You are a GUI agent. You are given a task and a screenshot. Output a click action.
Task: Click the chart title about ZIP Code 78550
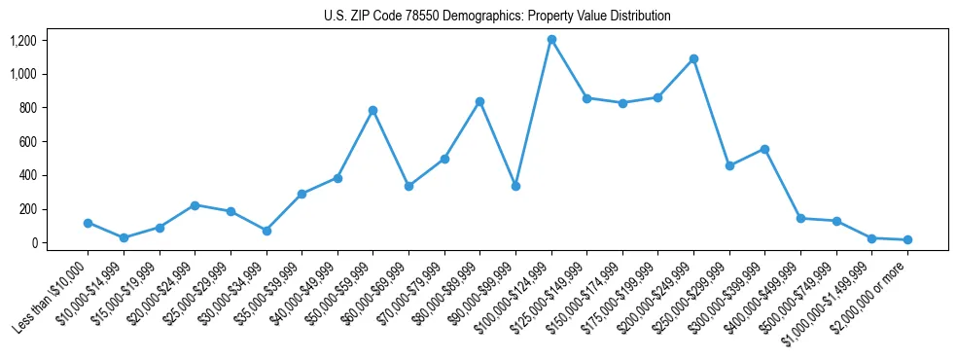pos(497,17)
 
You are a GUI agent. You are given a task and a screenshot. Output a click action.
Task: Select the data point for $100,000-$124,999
pos(551,39)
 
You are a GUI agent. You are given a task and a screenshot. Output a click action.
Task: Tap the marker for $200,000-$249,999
pos(693,58)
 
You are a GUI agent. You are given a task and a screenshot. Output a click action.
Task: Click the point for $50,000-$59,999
pos(372,110)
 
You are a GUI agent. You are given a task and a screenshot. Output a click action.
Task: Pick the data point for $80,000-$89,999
pos(479,101)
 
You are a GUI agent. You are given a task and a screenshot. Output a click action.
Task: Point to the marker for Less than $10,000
pos(88,223)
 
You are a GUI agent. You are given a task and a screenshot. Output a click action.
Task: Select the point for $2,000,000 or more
pos(907,239)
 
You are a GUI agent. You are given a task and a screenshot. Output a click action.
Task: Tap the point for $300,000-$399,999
pos(764,149)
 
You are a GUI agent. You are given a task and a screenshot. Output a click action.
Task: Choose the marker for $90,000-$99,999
pos(515,186)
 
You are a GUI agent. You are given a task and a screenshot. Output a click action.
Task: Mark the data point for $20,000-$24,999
pos(195,205)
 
